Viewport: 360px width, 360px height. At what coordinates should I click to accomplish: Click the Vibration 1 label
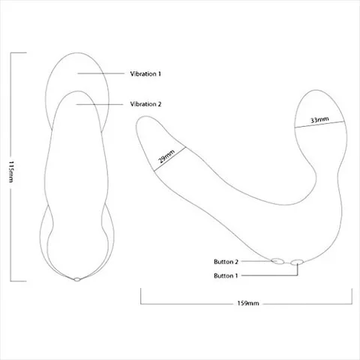pyautogui.click(x=145, y=73)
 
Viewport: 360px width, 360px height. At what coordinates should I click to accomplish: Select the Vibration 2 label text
pyautogui.click(x=145, y=104)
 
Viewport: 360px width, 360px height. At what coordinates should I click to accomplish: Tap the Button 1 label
pyautogui.click(x=226, y=276)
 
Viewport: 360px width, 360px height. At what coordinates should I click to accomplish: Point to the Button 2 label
pyautogui.click(x=226, y=262)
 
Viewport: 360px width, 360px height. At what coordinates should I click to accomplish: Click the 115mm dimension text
pyautogui.click(x=11, y=172)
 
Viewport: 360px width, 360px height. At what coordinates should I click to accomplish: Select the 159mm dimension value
pyautogui.click(x=248, y=303)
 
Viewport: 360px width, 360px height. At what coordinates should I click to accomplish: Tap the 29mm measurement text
pyautogui.click(x=166, y=156)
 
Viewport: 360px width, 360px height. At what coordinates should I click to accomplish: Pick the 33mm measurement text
pyautogui.click(x=319, y=120)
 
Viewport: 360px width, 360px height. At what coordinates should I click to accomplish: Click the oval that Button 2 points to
pyautogui.click(x=277, y=261)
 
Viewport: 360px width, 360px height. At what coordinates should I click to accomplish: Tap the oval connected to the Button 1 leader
pyautogui.click(x=297, y=262)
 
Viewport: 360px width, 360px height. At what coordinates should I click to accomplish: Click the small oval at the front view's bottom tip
pyautogui.click(x=77, y=280)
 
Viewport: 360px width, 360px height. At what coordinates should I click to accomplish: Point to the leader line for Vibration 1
pyautogui.click(x=101, y=73)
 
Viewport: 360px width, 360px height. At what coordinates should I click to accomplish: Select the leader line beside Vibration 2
pyautogui.click(x=100, y=104)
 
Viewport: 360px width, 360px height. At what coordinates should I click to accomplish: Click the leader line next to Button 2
pyautogui.click(x=256, y=261)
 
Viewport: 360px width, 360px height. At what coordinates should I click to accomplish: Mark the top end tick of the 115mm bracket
pyautogui.click(x=19, y=52)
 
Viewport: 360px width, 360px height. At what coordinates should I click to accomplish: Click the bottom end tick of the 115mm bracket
pyautogui.click(x=19, y=281)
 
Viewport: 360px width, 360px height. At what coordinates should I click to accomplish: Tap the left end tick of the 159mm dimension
pyautogui.click(x=141, y=296)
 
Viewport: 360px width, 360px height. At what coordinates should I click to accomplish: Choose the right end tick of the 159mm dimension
pyautogui.click(x=352, y=296)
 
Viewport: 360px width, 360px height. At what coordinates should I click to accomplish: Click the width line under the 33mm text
pyautogui.click(x=319, y=124)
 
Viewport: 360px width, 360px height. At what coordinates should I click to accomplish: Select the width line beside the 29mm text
pyautogui.click(x=170, y=159)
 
